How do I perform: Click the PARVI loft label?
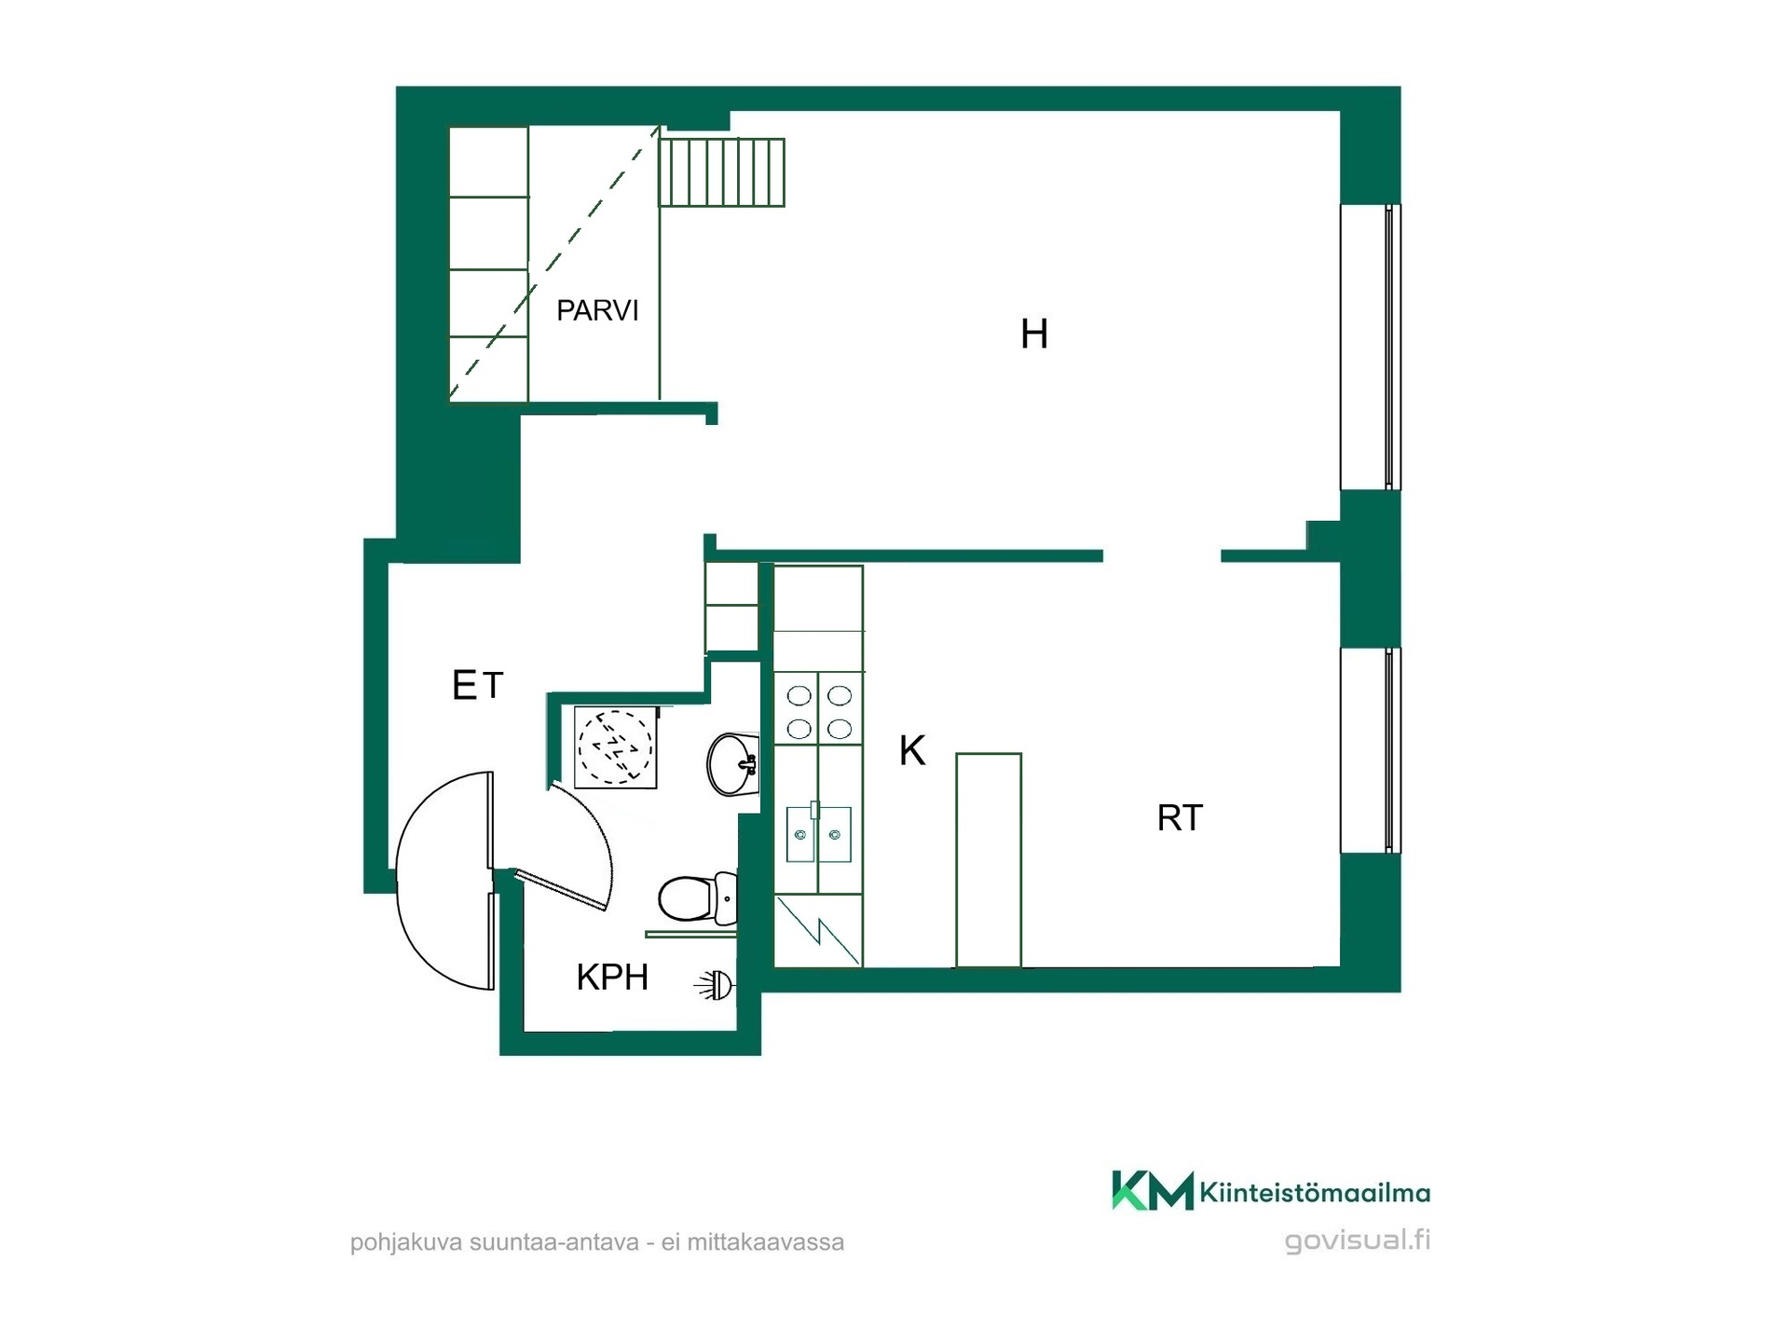click(x=597, y=310)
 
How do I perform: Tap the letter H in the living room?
click(x=1034, y=334)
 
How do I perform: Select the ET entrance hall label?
click(x=477, y=686)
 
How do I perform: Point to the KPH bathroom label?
click(x=612, y=977)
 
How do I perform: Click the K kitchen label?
click(x=912, y=750)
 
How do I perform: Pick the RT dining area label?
click(x=1180, y=817)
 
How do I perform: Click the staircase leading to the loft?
click(x=722, y=172)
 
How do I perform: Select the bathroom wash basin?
click(x=733, y=764)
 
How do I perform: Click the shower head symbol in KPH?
click(x=716, y=984)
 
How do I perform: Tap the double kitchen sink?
click(x=818, y=834)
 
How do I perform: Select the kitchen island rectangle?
click(x=989, y=860)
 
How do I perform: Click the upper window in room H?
click(x=1371, y=347)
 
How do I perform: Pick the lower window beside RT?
click(x=1371, y=750)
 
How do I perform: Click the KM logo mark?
click(x=1153, y=1190)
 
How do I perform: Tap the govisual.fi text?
click(x=1358, y=1240)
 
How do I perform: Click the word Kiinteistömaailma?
click(x=1315, y=1192)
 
